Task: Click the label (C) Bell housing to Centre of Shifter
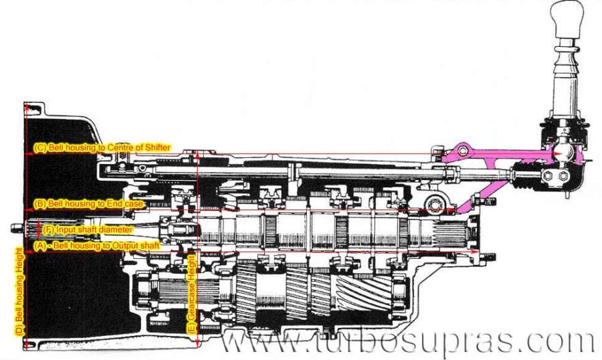pos(102,147)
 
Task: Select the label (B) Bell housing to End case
pos(89,203)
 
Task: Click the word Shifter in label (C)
pos(157,147)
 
